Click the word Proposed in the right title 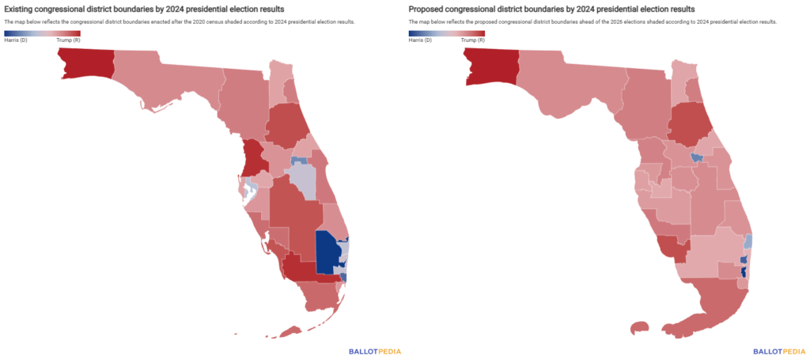[x=427, y=9]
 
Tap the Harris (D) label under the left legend [x=16, y=40]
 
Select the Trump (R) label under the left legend [x=70, y=40]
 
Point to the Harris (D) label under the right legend [x=421, y=40]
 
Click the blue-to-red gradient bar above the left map [x=42, y=33]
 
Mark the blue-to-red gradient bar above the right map [x=447, y=33]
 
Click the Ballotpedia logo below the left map [x=375, y=351]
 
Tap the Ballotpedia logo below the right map [x=779, y=351]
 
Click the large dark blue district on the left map [x=327, y=252]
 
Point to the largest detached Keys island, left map [x=292, y=331]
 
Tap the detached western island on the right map [x=639, y=327]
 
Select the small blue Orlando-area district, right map [x=696, y=157]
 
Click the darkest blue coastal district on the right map [x=744, y=276]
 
